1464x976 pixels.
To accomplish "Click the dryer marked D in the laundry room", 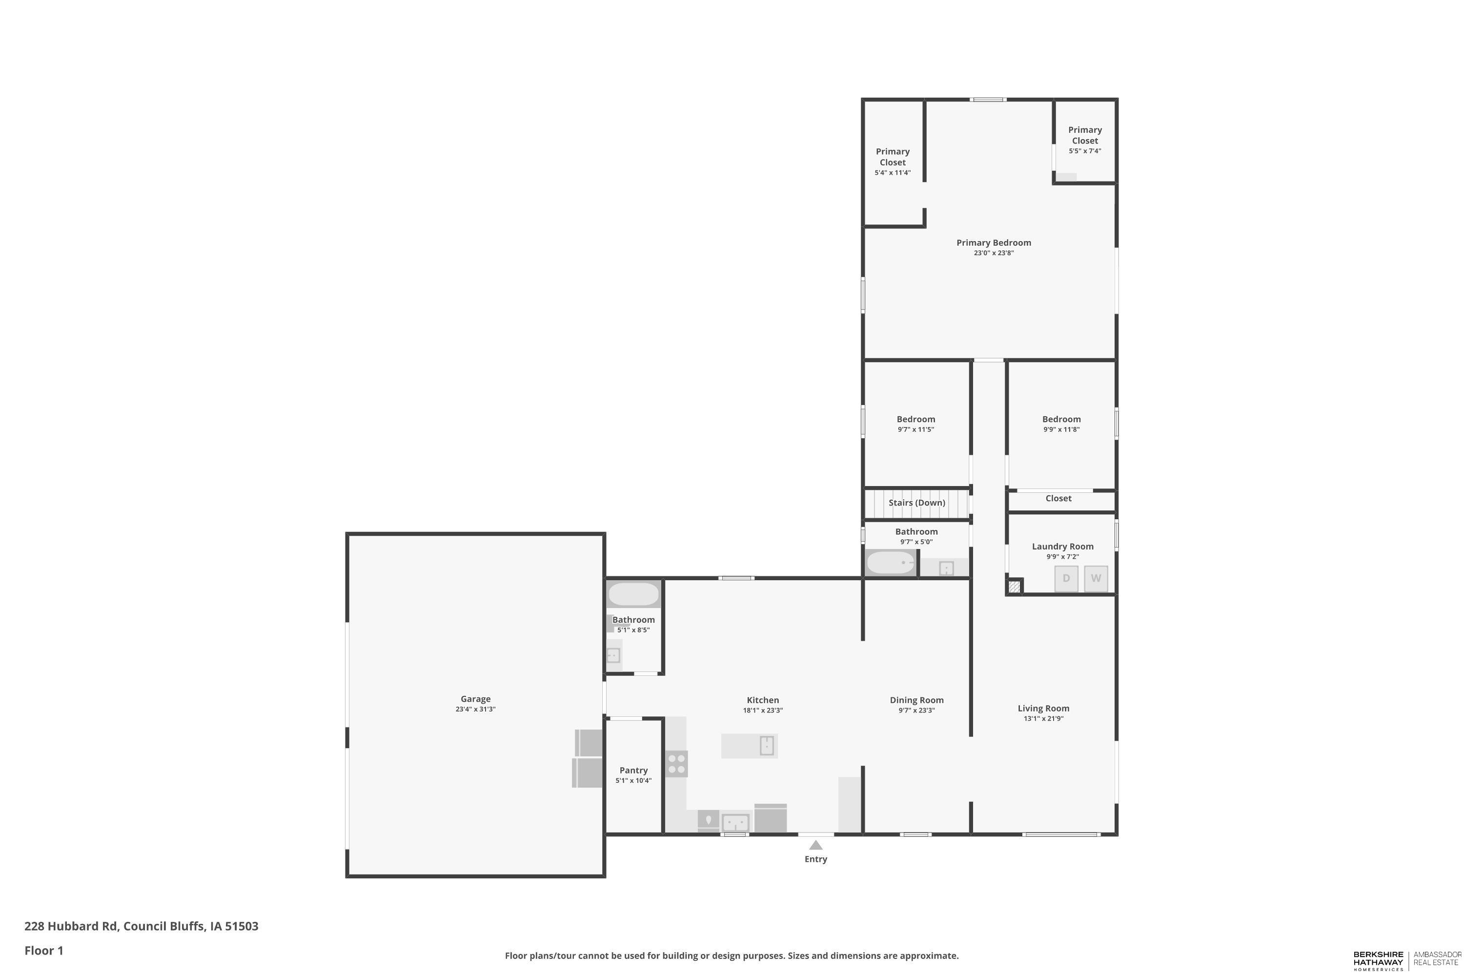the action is (1066, 578).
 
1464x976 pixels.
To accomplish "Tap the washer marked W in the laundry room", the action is (1096, 578).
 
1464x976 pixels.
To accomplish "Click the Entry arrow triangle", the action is (815, 845).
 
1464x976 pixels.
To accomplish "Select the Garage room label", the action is (475, 699).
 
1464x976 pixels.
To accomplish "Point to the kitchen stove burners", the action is (676, 764).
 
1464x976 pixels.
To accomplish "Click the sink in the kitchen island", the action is (767, 746).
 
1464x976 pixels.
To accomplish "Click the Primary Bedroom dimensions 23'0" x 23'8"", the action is (994, 253).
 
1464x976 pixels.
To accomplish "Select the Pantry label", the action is (633, 771).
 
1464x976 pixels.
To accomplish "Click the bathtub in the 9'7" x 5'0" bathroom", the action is (891, 563).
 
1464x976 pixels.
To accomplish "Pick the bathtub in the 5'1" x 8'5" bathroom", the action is (633, 594).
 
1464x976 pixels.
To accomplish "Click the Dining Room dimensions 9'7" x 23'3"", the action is (916, 710).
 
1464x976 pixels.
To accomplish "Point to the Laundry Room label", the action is (1062, 547).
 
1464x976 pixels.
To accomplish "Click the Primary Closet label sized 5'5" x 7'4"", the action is (1085, 135).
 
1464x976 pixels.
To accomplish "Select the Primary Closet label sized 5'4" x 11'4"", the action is (893, 157).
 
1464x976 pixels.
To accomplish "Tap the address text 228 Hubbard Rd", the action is (71, 926).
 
